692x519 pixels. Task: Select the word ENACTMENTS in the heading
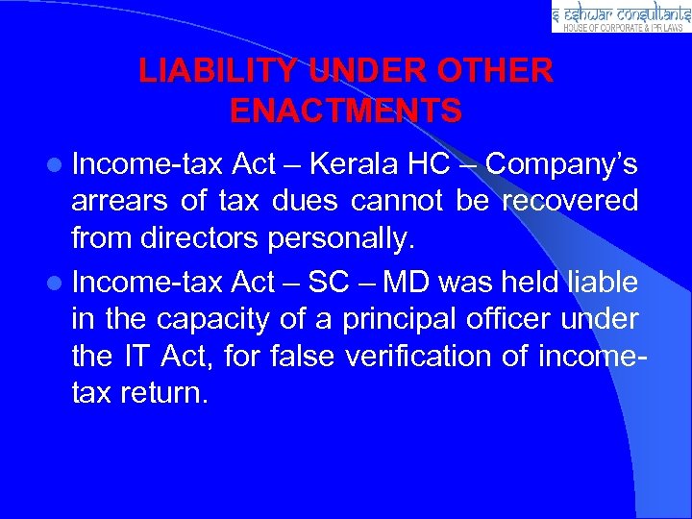(346, 111)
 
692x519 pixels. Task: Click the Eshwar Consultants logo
(621, 16)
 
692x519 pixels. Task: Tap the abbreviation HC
(429, 165)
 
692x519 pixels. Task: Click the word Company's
(561, 165)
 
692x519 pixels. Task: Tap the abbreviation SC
(331, 283)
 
